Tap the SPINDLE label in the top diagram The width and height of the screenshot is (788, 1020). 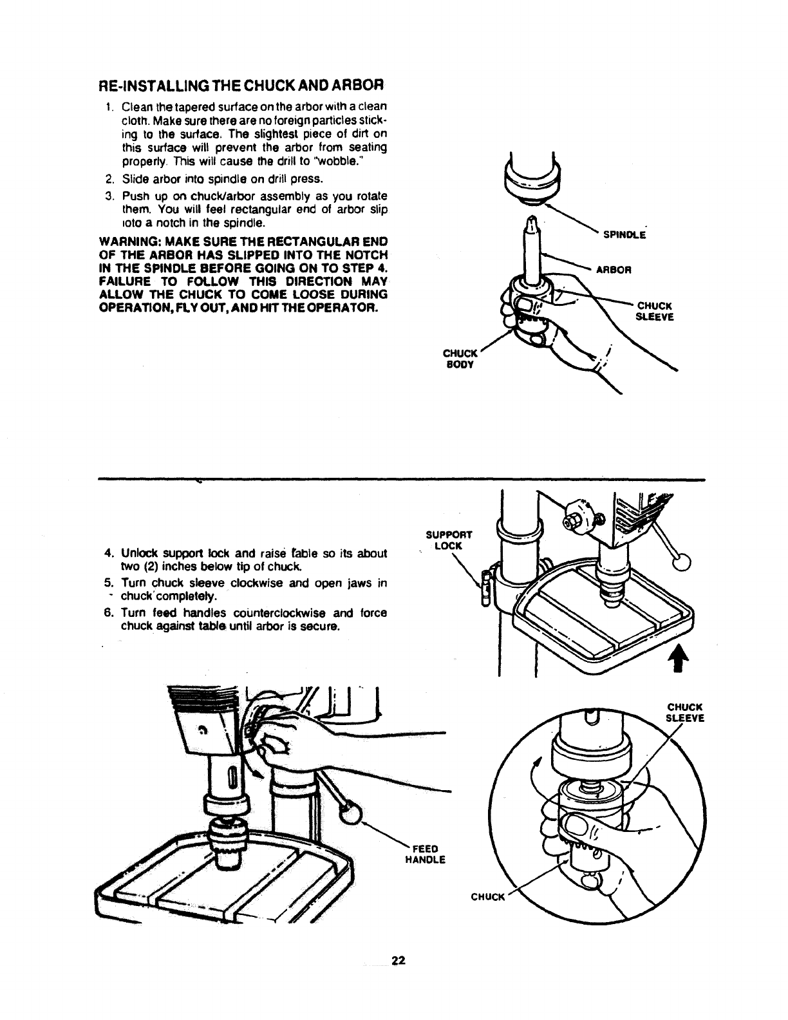tap(624, 235)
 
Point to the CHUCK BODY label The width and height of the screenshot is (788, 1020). tap(460, 359)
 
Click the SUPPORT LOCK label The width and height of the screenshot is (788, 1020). tap(449, 540)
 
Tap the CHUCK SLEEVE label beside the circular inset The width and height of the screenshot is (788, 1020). tap(686, 713)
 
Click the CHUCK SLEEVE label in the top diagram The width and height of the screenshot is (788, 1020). tap(654, 310)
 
